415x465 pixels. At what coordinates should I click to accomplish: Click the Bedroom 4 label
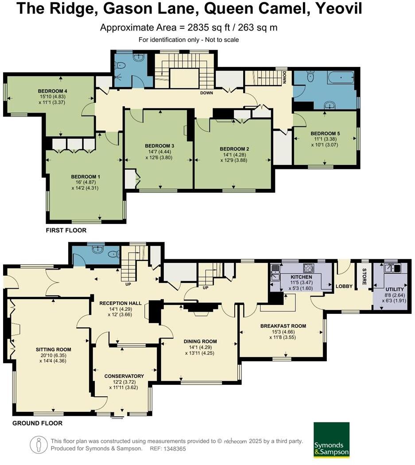[52, 91]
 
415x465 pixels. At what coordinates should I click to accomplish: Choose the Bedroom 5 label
[325, 133]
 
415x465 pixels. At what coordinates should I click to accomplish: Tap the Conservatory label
[124, 376]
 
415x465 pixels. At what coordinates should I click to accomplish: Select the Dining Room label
[200, 341]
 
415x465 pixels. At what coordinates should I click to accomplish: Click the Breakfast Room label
[283, 326]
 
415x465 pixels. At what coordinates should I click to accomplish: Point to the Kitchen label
[301, 277]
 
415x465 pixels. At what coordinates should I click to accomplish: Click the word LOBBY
[344, 286]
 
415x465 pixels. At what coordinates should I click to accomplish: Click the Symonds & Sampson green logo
[331, 440]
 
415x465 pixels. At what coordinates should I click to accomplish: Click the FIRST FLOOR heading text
[66, 231]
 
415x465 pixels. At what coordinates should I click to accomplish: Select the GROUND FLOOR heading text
[37, 423]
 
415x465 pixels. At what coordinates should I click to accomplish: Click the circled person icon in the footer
[39, 444]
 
